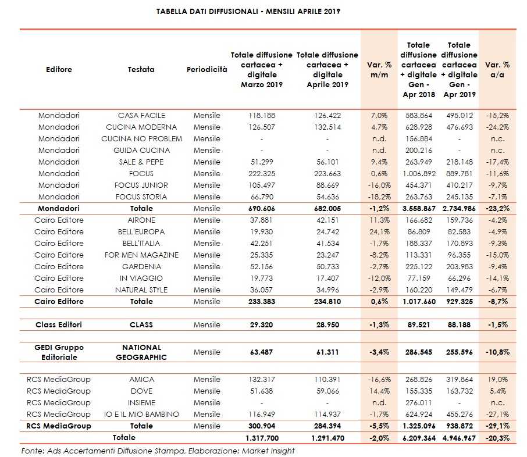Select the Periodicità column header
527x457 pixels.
(206, 70)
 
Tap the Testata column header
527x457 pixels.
(141, 70)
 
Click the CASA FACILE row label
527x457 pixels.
(141, 115)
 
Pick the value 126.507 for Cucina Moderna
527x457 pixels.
(262, 127)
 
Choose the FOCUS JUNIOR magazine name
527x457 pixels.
(141, 185)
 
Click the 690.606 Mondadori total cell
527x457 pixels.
(262, 208)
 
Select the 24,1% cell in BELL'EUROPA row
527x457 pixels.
(379, 231)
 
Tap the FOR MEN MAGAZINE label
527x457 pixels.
(141, 255)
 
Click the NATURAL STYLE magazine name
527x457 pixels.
(141, 290)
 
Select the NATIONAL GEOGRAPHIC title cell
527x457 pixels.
(141, 352)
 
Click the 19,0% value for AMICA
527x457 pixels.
(497, 380)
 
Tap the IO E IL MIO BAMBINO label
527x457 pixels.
(141, 415)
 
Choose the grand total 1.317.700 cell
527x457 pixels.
(262, 437)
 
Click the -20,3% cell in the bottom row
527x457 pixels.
(497, 437)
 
